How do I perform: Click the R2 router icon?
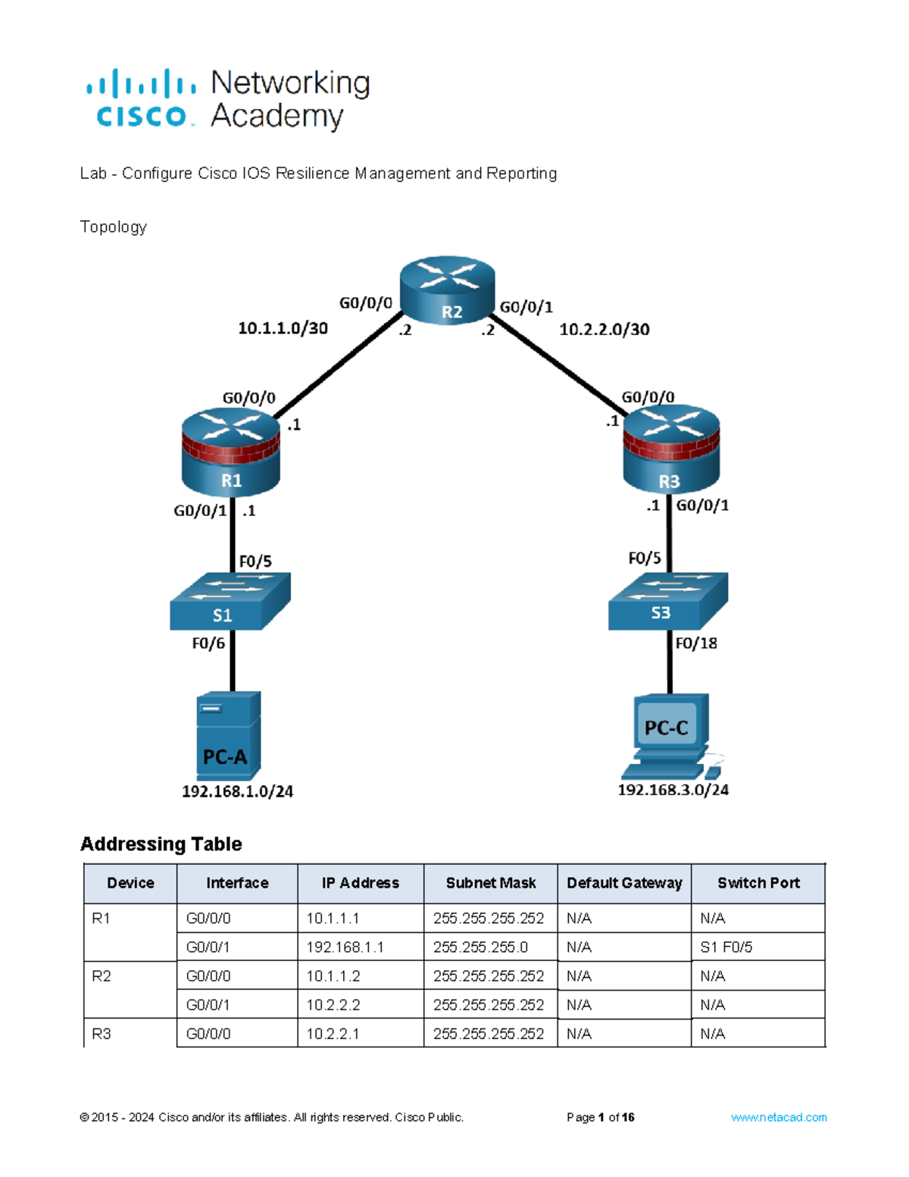click(447, 290)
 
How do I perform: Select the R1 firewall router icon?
click(231, 452)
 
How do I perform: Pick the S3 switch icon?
click(667, 601)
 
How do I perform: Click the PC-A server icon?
click(228, 735)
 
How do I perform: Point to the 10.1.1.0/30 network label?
click(283, 328)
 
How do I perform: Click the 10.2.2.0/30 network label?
click(604, 330)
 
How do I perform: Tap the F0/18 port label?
click(695, 643)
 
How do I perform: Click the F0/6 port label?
click(208, 643)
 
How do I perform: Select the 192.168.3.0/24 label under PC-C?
click(673, 790)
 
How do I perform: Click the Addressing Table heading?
click(161, 844)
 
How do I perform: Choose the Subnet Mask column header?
click(490, 883)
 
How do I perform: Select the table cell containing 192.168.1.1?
click(345, 947)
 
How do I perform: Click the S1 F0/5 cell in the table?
click(726, 947)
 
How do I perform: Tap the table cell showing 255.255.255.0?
click(480, 947)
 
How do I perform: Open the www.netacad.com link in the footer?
click(778, 1117)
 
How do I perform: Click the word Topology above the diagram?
click(114, 227)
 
